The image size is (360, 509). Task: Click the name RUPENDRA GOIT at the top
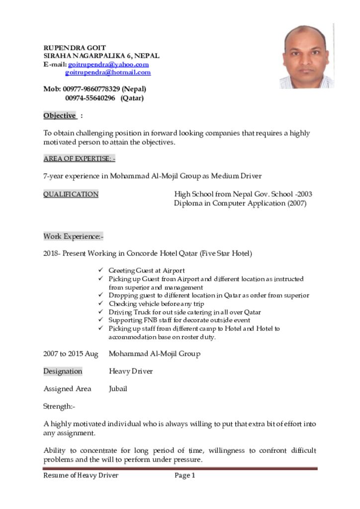75,48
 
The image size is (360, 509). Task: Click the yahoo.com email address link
108,65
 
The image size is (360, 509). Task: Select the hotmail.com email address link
108,73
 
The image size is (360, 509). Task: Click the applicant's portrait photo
306,56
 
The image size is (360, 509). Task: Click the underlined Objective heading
60,116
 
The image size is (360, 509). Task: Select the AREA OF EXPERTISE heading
79,159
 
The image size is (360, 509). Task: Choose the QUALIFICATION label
71,194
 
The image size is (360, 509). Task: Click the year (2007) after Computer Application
296,203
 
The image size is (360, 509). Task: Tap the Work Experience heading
73,237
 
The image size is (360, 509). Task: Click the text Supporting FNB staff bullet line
179,321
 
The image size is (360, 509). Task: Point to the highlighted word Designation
63,371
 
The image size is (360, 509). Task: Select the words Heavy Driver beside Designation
131,371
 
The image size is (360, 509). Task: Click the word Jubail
118,389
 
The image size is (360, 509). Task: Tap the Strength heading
59,407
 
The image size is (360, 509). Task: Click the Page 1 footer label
184,476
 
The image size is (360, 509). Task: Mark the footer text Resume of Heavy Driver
81,476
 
